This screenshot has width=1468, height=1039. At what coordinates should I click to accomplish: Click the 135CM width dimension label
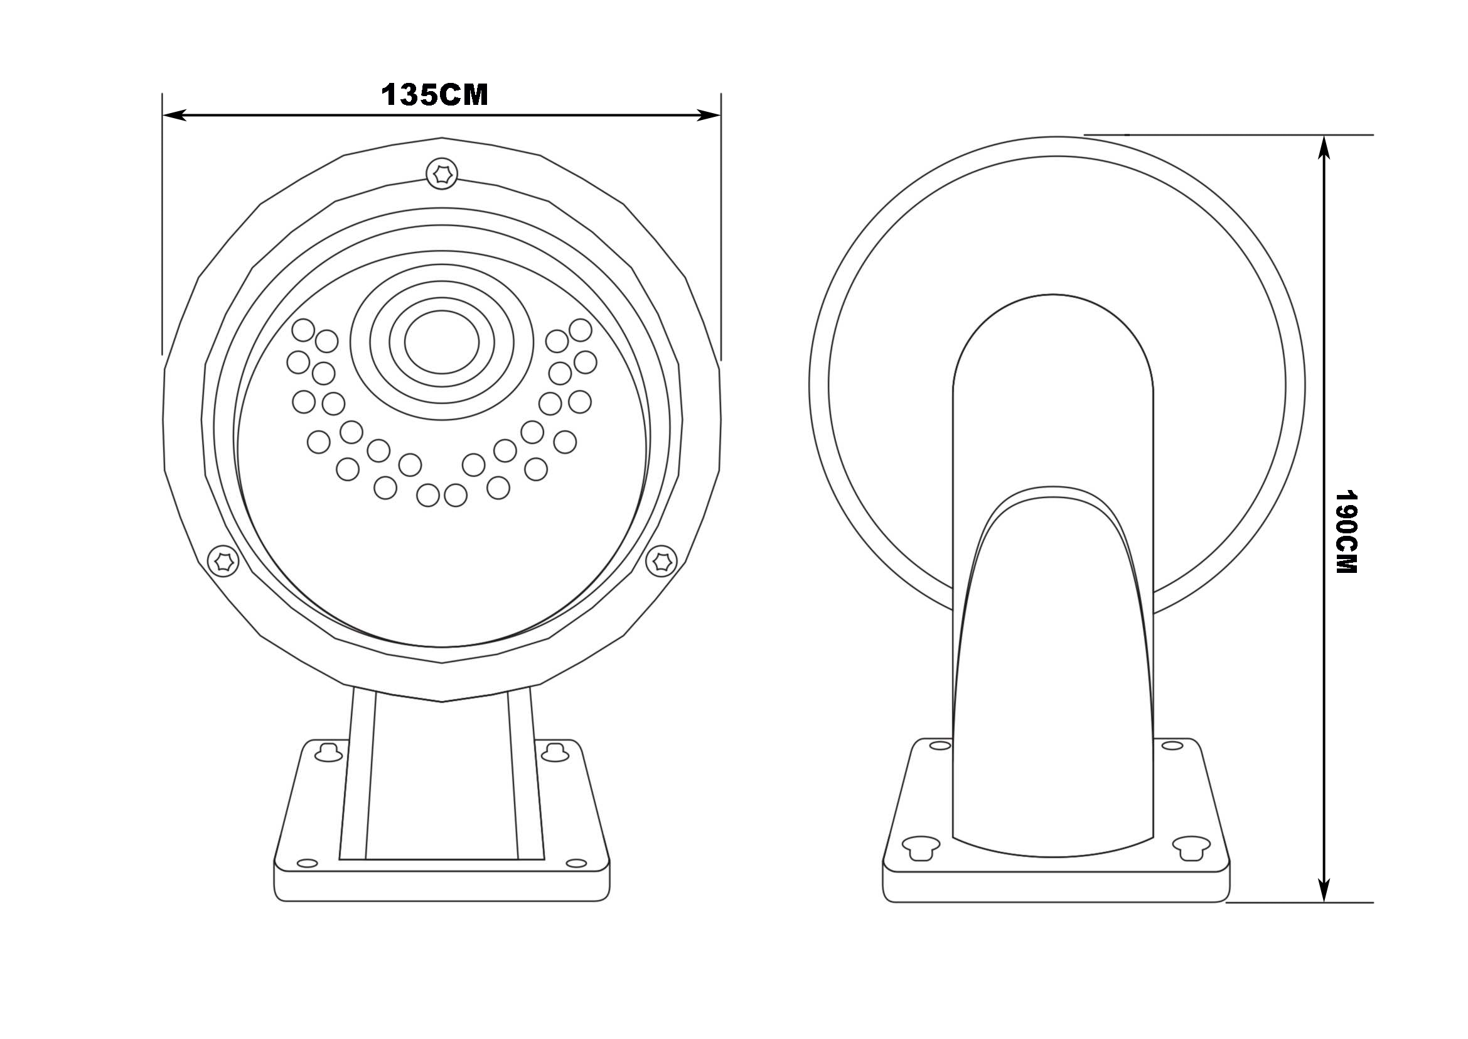coord(435,95)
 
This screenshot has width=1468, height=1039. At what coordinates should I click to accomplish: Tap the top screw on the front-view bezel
coord(442,173)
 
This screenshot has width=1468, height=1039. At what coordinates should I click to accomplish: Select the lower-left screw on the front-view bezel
coord(224,561)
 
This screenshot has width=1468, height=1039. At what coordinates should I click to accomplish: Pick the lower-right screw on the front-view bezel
coord(661,561)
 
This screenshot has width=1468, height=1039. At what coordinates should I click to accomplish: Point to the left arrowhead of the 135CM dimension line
coord(174,115)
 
